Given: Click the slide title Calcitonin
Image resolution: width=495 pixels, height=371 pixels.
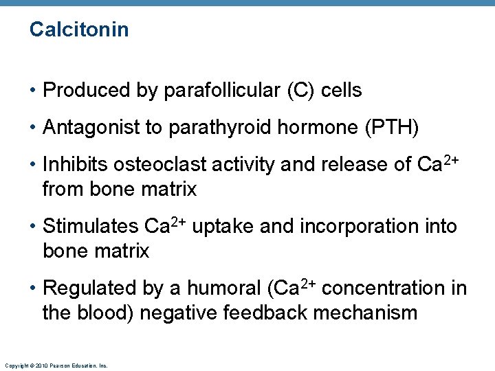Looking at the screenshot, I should (x=79, y=30).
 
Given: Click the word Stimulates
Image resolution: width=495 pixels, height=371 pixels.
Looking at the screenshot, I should (x=91, y=226).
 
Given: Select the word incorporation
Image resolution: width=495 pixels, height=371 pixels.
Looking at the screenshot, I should (x=353, y=226).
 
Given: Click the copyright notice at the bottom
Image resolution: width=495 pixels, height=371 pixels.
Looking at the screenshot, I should (x=56, y=366).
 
